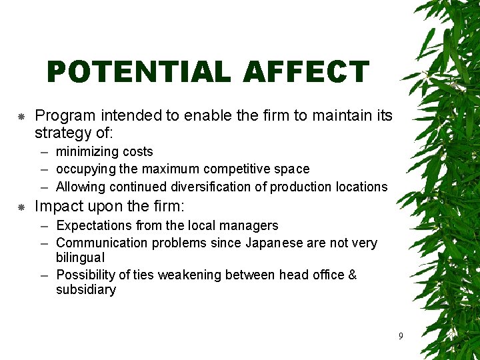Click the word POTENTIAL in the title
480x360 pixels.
(x=139, y=72)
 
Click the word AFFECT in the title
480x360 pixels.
(x=306, y=72)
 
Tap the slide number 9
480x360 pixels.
(x=400, y=336)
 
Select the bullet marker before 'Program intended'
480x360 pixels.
(x=21, y=117)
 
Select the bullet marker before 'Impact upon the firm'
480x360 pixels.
(x=21, y=207)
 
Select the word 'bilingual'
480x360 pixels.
(x=81, y=257)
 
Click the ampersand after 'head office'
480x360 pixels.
(x=352, y=275)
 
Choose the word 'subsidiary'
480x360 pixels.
(x=86, y=289)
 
